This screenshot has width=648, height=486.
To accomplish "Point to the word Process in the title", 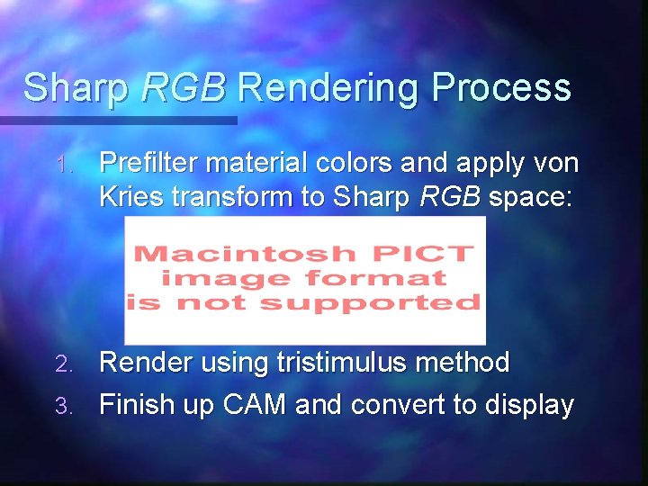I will pyautogui.click(x=501, y=89).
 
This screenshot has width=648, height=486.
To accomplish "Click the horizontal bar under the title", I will pyautogui.click(x=117, y=120).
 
